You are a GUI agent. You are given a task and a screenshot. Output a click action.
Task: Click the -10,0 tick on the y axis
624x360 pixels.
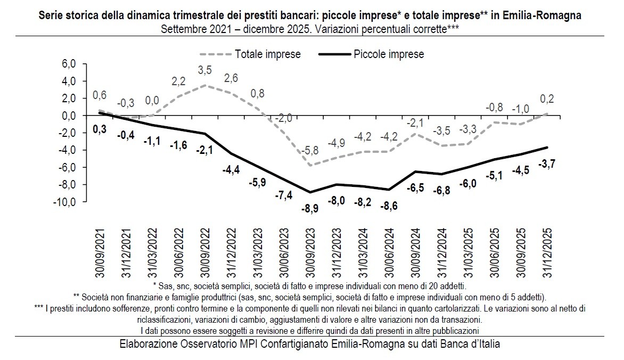pos(66,202)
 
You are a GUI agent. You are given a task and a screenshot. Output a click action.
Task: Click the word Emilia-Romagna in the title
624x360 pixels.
pos(549,16)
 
